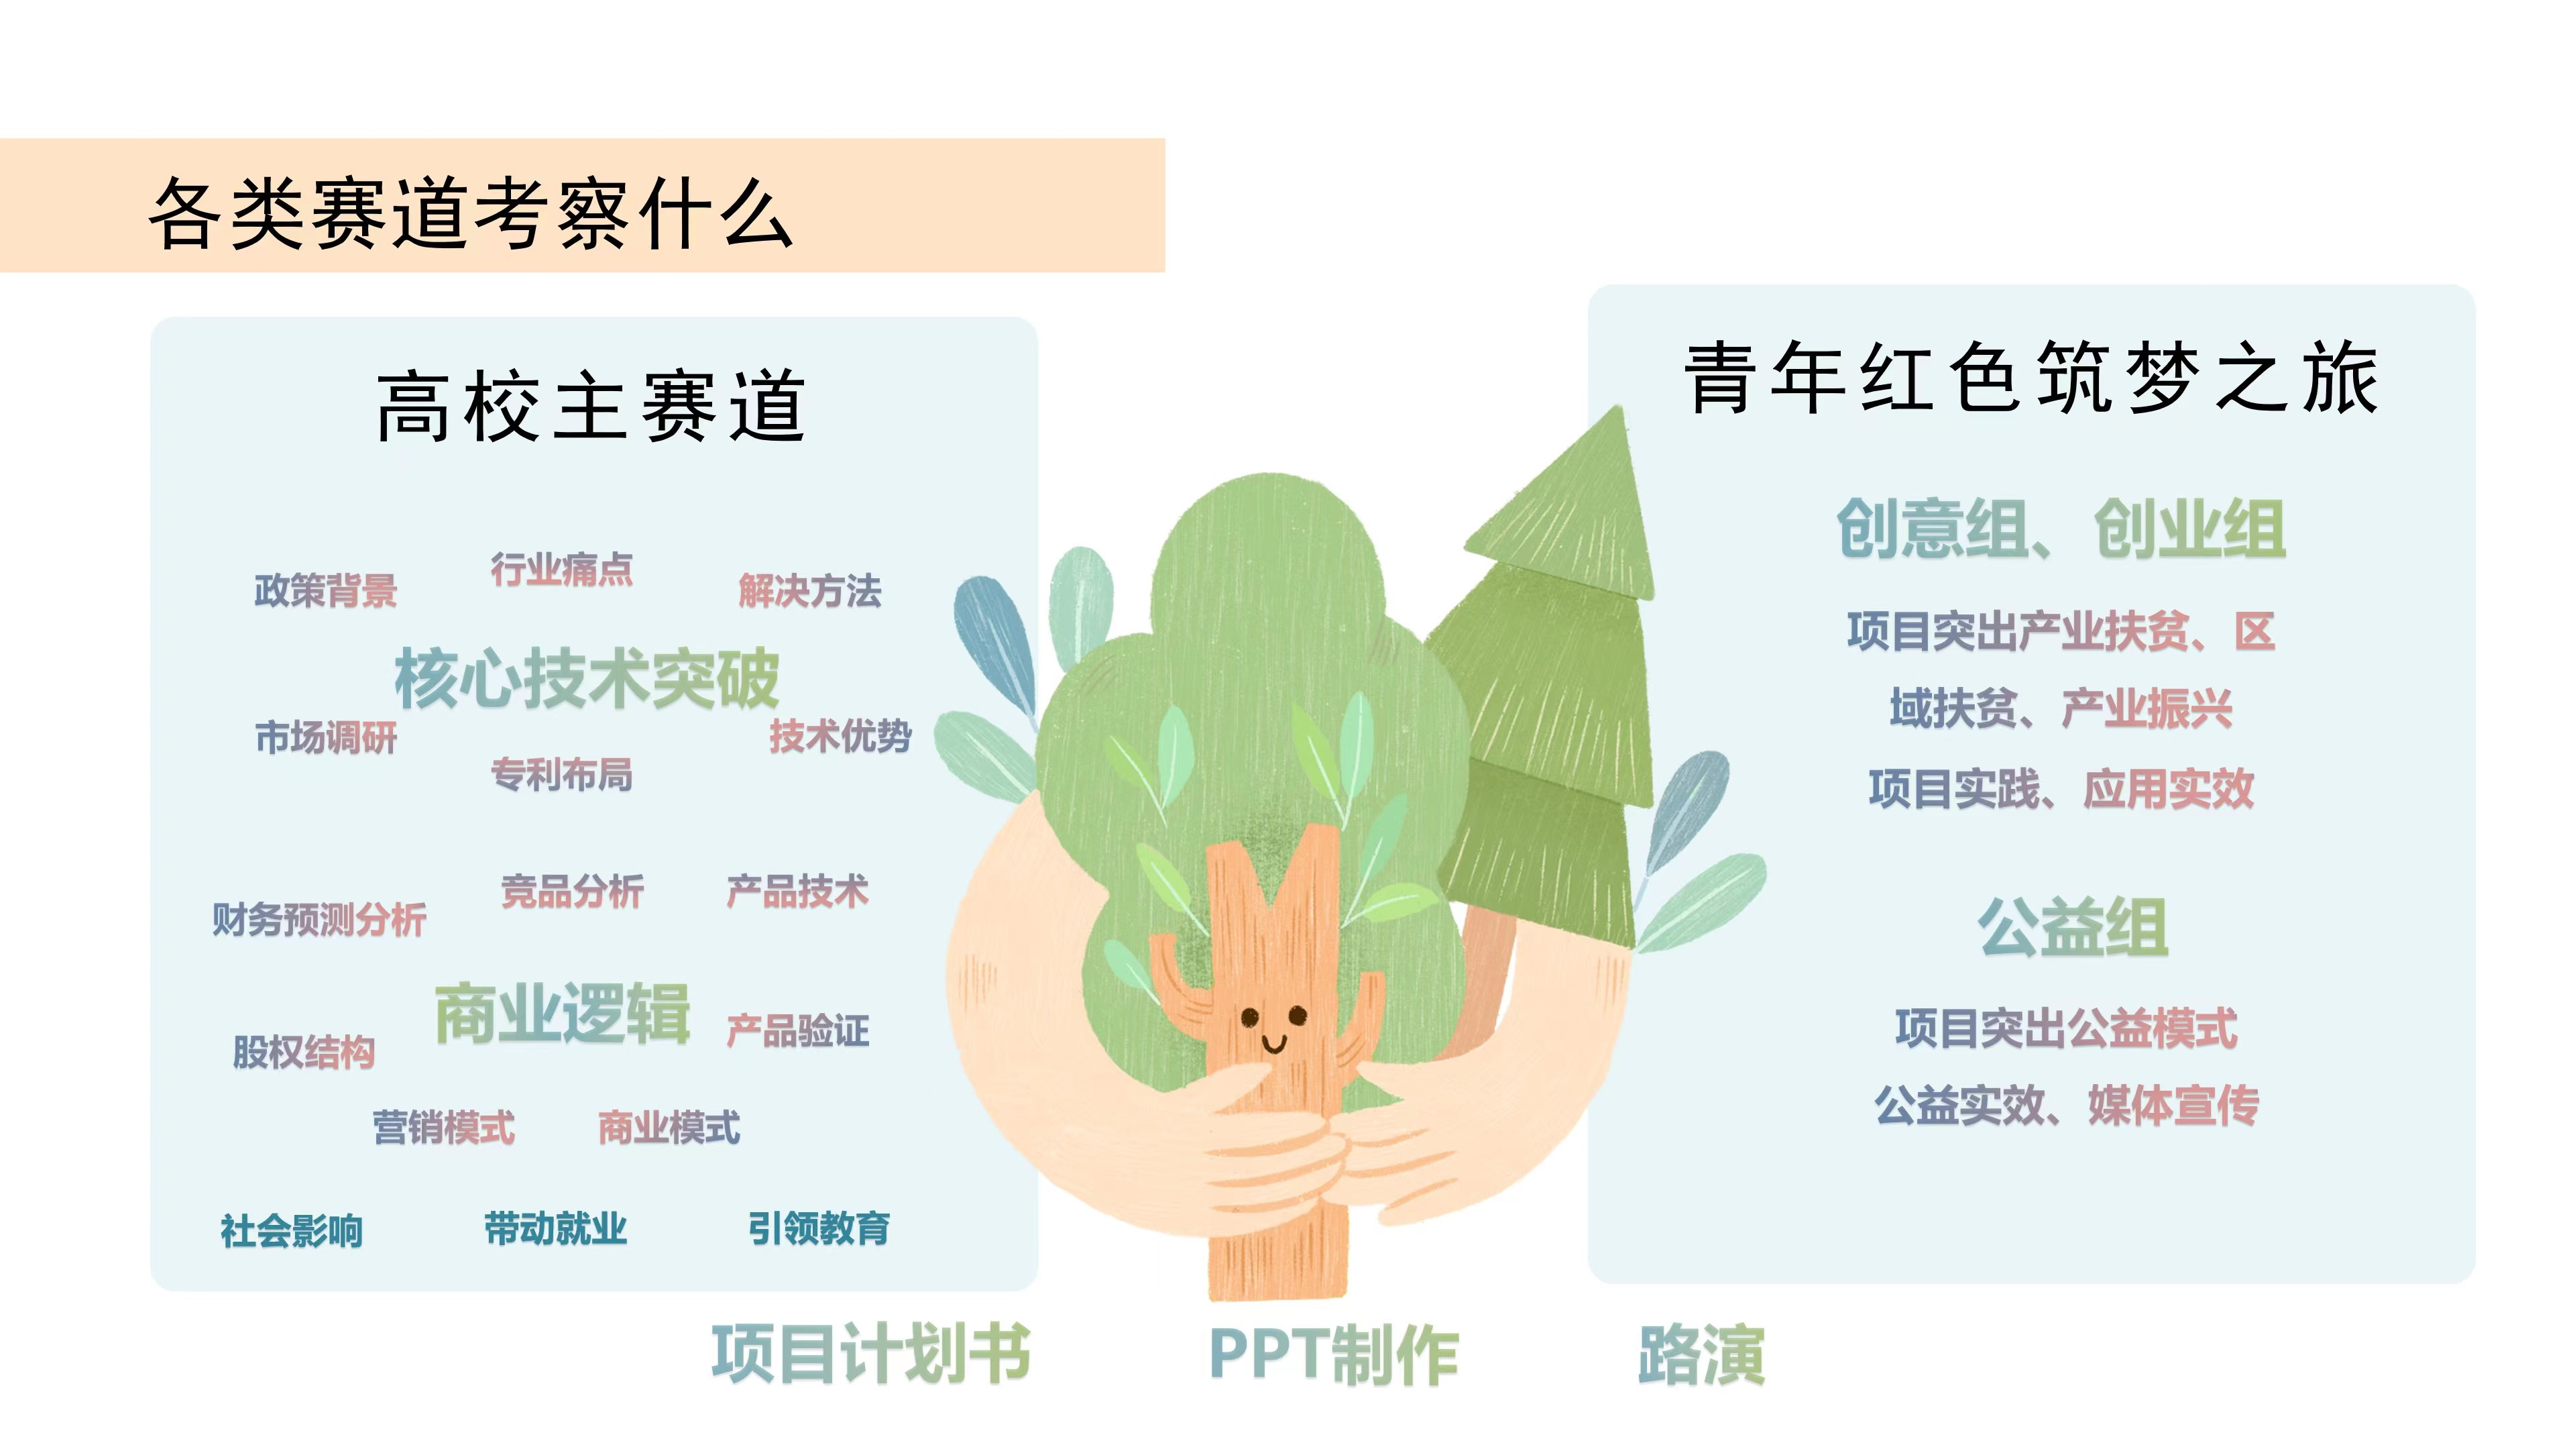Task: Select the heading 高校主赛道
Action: [591, 405]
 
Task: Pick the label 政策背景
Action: [326, 590]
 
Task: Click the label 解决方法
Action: [809, 590]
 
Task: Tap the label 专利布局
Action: [562, 774]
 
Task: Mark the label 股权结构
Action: [304, 1051]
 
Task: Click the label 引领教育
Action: [819, 1228]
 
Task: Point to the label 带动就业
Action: [556, 1228]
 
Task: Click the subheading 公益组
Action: [2073, 927]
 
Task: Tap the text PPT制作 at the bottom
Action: [1334, 1355]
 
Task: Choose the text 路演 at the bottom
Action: [1701, 1355]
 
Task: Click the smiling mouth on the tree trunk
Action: [1273, 1044]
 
